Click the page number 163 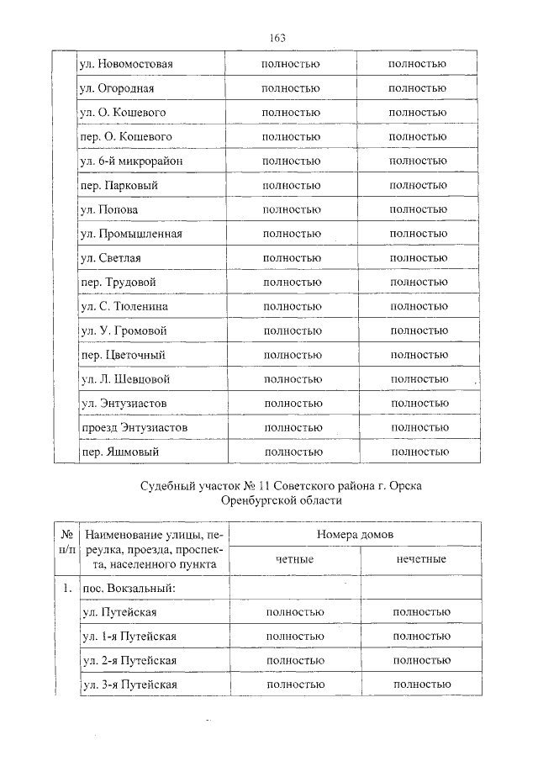[277, 38]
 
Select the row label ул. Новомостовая [126, 64]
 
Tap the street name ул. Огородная [116, 88]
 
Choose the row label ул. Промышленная [130, 234]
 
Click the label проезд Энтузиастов [134, 428]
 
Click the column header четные [295, 559]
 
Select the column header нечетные [421, 559]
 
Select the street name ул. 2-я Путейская [129, 661]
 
